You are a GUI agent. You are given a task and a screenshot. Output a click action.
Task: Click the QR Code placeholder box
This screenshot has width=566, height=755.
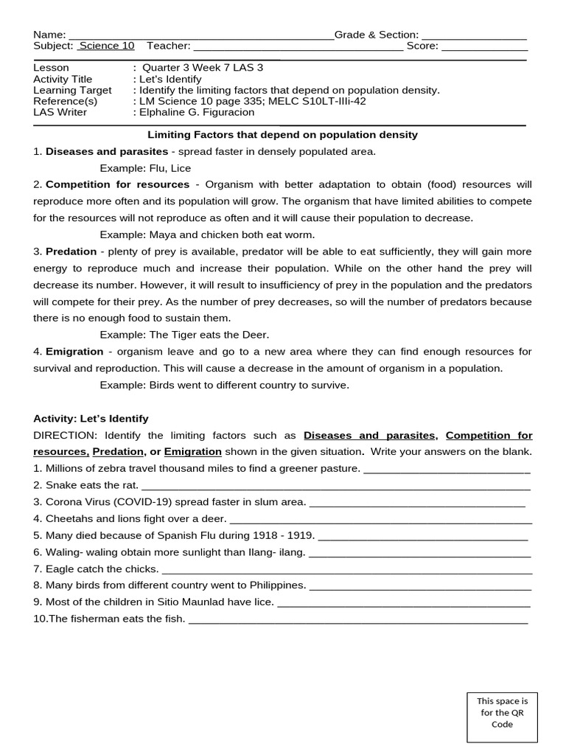click(x=502, y=717)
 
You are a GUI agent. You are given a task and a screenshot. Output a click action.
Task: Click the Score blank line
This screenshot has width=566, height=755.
click(x=484, y=47)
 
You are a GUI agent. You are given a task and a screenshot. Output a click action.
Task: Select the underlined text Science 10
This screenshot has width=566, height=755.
click(x=107, y=46)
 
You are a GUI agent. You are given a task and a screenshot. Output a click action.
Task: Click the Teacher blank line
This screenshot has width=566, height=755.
click(x=298, y=47)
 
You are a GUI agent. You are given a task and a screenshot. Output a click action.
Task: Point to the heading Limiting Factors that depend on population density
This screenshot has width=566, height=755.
click(x=283, y=135)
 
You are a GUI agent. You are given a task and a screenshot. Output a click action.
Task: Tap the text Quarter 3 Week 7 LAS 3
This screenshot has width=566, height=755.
click(x=202, y=68)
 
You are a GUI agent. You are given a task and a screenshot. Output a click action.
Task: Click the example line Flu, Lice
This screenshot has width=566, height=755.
click(x=145, y=168)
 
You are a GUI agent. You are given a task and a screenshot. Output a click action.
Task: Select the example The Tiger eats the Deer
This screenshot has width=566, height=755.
click(x=185, y=335)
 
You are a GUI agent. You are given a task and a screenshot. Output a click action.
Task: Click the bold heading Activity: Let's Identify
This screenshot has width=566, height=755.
click(x=91, y=418)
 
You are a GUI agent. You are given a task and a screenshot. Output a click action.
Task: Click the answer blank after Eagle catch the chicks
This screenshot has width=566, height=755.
click(x=346, y=571)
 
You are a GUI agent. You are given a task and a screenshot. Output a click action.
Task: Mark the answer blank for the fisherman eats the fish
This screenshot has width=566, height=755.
click(x=358, y=621)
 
